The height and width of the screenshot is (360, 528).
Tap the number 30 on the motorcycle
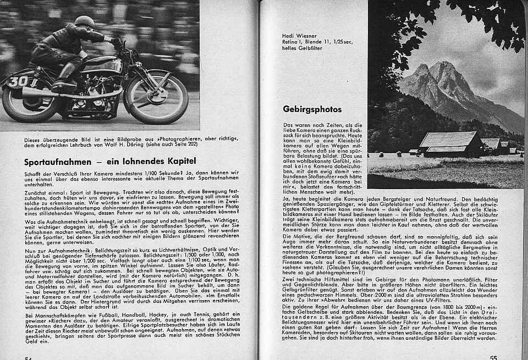click(x=18, y=81)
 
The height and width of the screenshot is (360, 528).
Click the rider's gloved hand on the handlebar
click(x=114, y=41)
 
